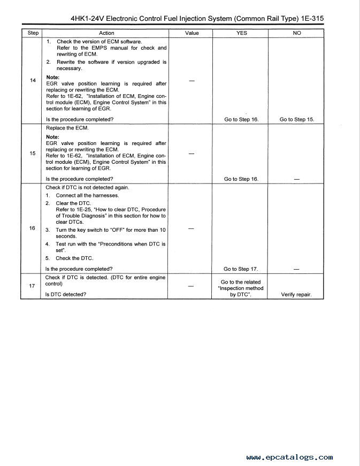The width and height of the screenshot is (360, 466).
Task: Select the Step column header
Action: (x=33, y=33)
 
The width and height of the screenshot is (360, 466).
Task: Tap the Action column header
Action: (x=106, y=33)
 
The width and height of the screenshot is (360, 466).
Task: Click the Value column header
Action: (x=192, y=33)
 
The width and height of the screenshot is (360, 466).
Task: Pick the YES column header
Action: (x=242, y=33)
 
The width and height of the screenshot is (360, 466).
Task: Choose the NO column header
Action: (x=297, y=33)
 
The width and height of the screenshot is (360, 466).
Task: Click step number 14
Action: (x=33, y=81)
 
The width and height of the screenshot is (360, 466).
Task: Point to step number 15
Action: (x=33, y=154)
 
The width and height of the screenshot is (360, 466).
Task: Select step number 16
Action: (x=33, y=228)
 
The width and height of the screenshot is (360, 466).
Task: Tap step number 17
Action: (x=32, y=286)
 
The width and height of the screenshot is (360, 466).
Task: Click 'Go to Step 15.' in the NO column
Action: (x=296, y=119)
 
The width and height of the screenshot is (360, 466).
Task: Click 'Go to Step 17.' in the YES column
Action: (x=241, y=269)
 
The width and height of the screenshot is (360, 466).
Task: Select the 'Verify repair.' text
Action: (x=296, y=294)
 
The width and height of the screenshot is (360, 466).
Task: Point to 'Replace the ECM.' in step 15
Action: (x=67, y=128)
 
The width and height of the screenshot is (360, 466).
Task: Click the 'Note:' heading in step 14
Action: (x=53, y=78)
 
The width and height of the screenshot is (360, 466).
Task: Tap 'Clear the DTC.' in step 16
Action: (x=74, y=203)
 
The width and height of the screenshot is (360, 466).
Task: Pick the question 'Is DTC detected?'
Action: (x=66, y=294)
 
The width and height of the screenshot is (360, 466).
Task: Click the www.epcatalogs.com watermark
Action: (x=289, y=457)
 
